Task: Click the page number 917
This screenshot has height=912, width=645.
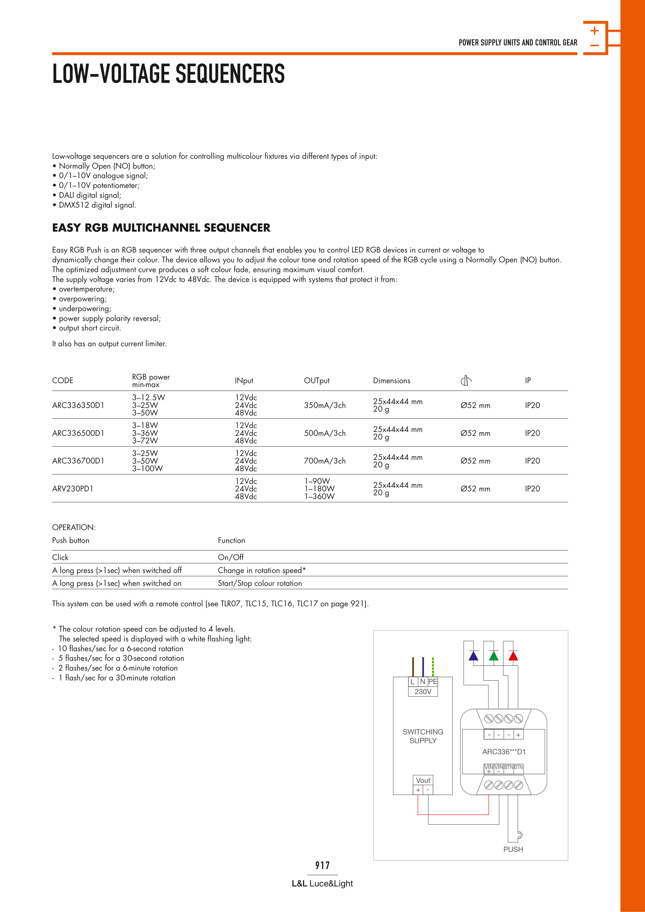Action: (x=322, y=865)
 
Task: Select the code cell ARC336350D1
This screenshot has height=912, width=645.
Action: (x=78, y=405)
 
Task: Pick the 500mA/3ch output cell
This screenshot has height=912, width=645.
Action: (x=325, y=433)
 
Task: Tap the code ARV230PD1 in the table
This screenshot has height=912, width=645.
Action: (x=73, y=489)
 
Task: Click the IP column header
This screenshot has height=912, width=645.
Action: (x=528, y=381)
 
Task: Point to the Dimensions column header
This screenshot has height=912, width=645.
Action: (x=391, y=381)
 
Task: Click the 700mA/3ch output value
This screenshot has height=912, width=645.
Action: (x=325, y=461)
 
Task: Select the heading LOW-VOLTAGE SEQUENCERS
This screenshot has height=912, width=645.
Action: (x=168, y=74)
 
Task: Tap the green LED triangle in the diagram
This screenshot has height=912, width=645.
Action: (x=494, y=656)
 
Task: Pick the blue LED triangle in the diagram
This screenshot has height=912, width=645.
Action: (x=473, y=656)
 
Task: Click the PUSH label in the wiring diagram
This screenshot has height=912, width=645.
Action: (x=513, y=849)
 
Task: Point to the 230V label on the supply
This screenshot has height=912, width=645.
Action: (x=423, y=691)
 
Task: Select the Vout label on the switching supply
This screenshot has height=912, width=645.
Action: (x=423, y=780)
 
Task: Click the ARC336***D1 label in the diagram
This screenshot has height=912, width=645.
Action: (x=504, y=752)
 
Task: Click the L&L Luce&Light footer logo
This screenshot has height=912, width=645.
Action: (x=322, y=883)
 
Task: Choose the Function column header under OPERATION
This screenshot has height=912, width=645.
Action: (x=231, y=540)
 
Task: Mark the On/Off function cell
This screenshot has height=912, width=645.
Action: (x=230, y=557)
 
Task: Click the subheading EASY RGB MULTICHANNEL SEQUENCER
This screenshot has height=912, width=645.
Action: (x=161, y=227)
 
